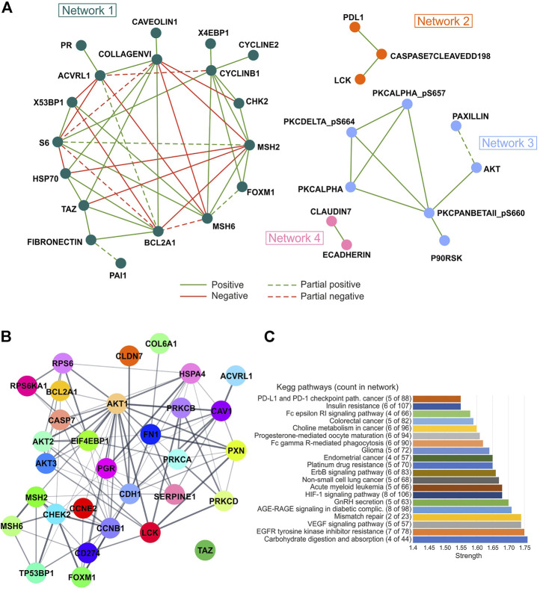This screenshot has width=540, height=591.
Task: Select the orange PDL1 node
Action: pyautogui.click(x=355, y=28)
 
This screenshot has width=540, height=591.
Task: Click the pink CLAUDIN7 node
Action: pyautogui.click(x=331, y=221)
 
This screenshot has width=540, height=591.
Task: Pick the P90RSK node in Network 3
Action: pyautogui.click(x=444, y=241)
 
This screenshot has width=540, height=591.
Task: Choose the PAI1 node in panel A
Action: pyautogui.click(x=120, y=263)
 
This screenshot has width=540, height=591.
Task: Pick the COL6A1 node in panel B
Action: pyautogui.click(x=162, y=344)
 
